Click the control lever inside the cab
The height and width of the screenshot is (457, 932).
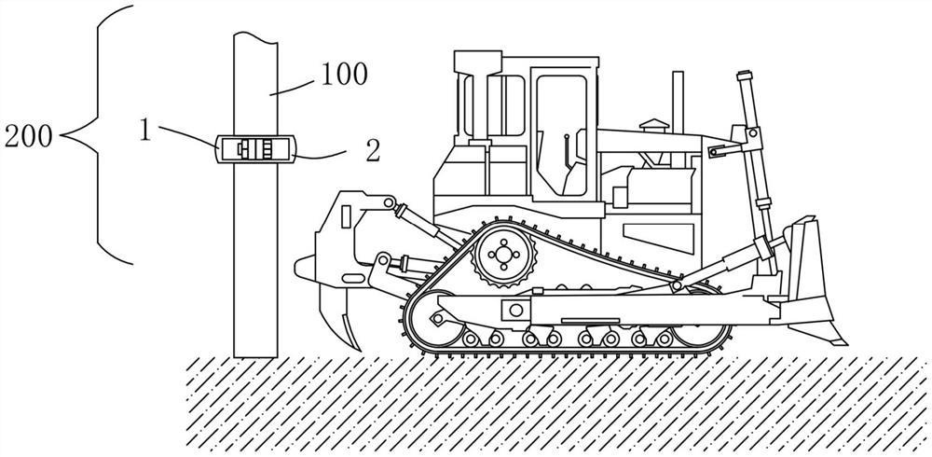click(566, 149)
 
